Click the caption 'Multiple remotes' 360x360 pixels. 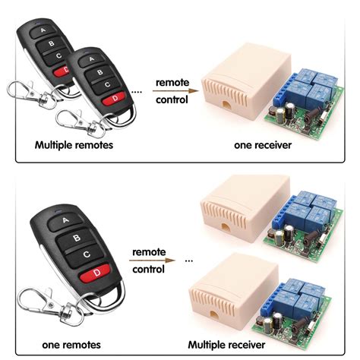click(x=74, y=144)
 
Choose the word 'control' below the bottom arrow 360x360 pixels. click(x=148, y=270)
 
